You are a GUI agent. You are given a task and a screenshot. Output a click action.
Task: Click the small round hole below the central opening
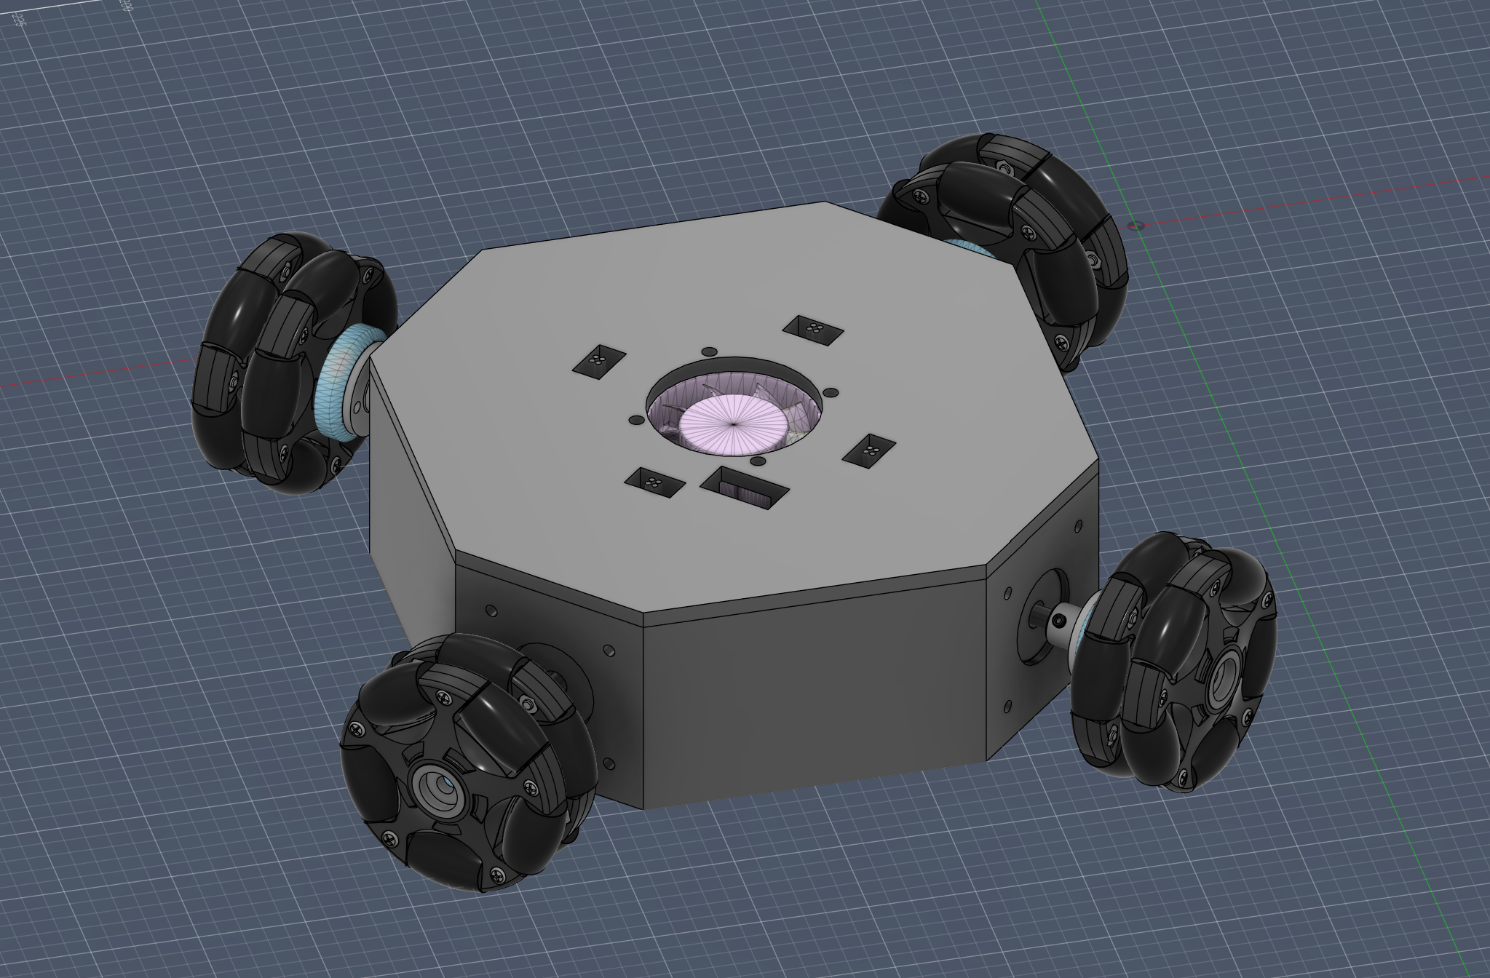pyautogui.click(x=756, y=461)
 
